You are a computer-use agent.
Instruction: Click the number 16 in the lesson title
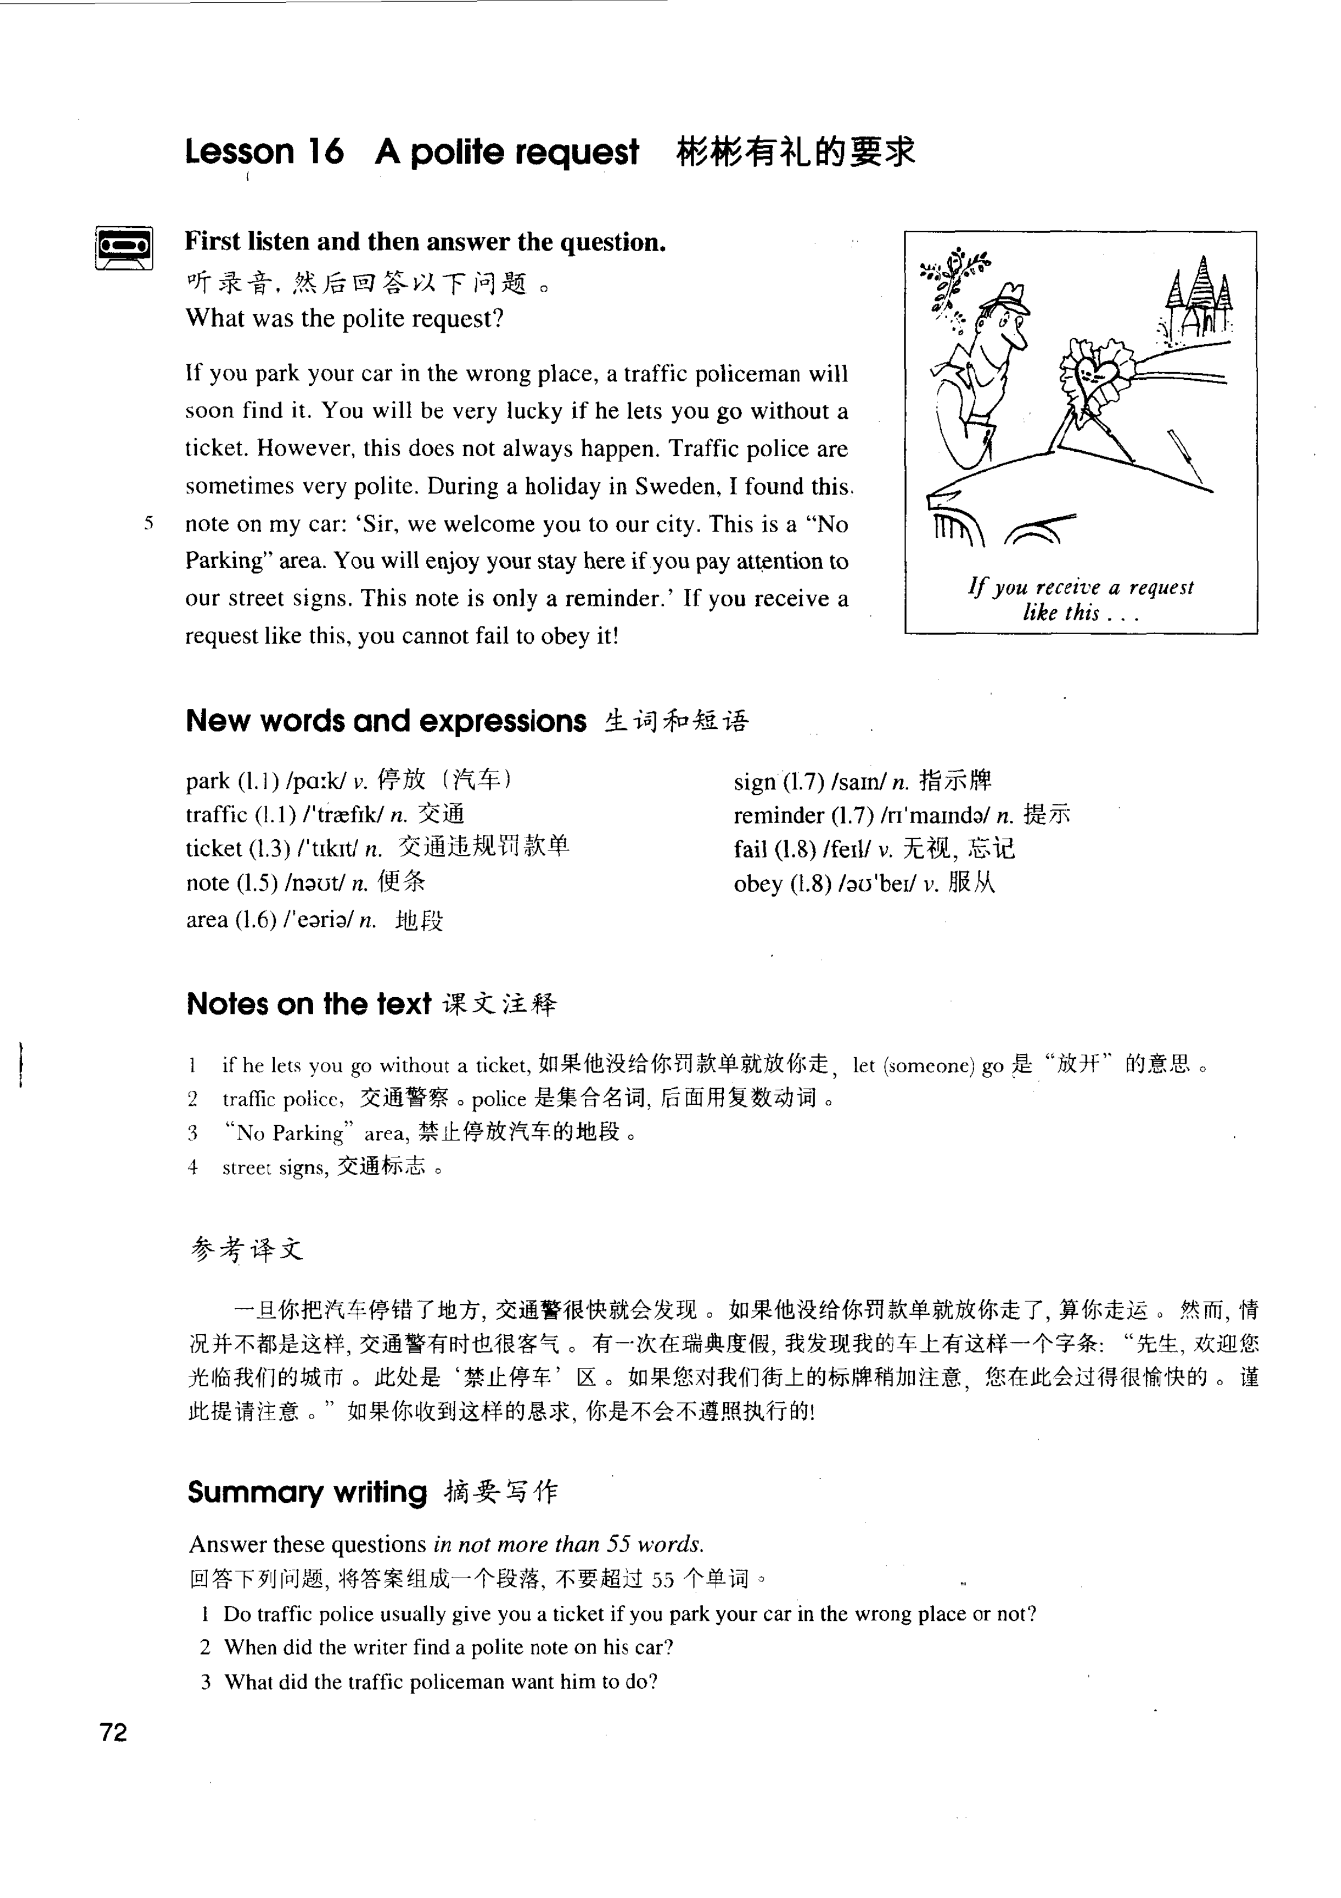(x=326, y=152)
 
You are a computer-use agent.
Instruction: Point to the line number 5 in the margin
(x=149, y=523)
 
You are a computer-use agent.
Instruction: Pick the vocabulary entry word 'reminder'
(x=778, y=816)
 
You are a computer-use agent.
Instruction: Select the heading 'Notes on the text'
(x=308, y=1004)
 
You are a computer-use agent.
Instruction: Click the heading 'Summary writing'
(x=307, y=1492)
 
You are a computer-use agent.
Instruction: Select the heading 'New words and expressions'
(x=386, y=721)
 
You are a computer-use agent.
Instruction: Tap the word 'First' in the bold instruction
(x=213, y=242)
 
